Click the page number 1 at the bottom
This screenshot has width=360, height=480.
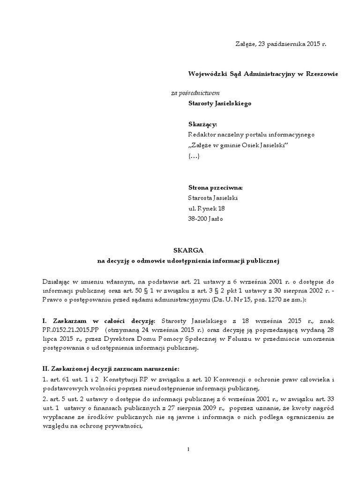coord(188,450)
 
